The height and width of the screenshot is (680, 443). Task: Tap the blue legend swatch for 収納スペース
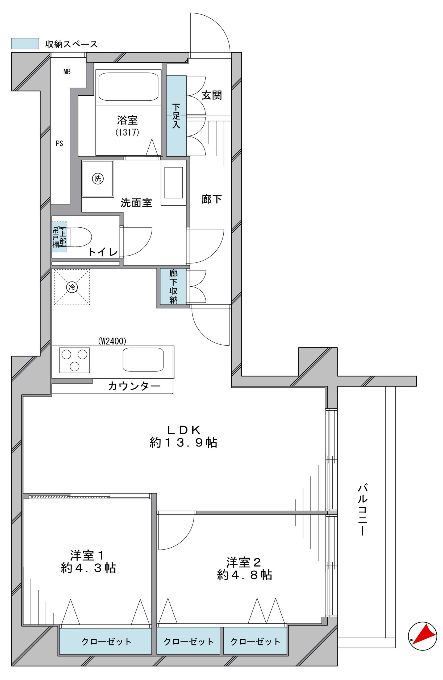[x=25, y=43]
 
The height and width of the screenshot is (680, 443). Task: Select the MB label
[x=67, y=72]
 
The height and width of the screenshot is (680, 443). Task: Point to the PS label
[x=59, y=143]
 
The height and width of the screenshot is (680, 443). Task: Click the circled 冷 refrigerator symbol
[x=72, y=287]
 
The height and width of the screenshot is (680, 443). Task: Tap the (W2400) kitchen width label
[x=112, y=341]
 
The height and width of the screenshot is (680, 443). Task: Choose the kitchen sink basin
[x=143, y=359]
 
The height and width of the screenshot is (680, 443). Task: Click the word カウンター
[x=134, y=386]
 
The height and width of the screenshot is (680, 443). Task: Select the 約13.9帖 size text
[x=183, y=443]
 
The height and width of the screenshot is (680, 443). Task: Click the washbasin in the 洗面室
[x=173, y=182]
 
